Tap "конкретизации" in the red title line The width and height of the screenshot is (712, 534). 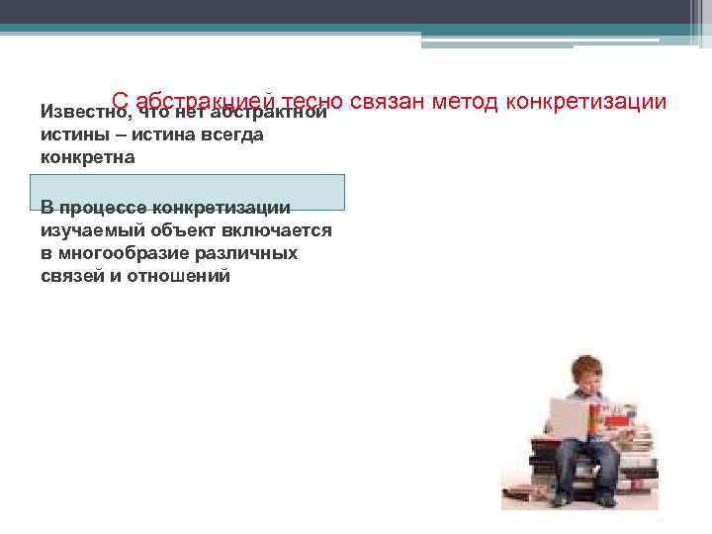(586, 101)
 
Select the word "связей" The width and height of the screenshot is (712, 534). (72, 276)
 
